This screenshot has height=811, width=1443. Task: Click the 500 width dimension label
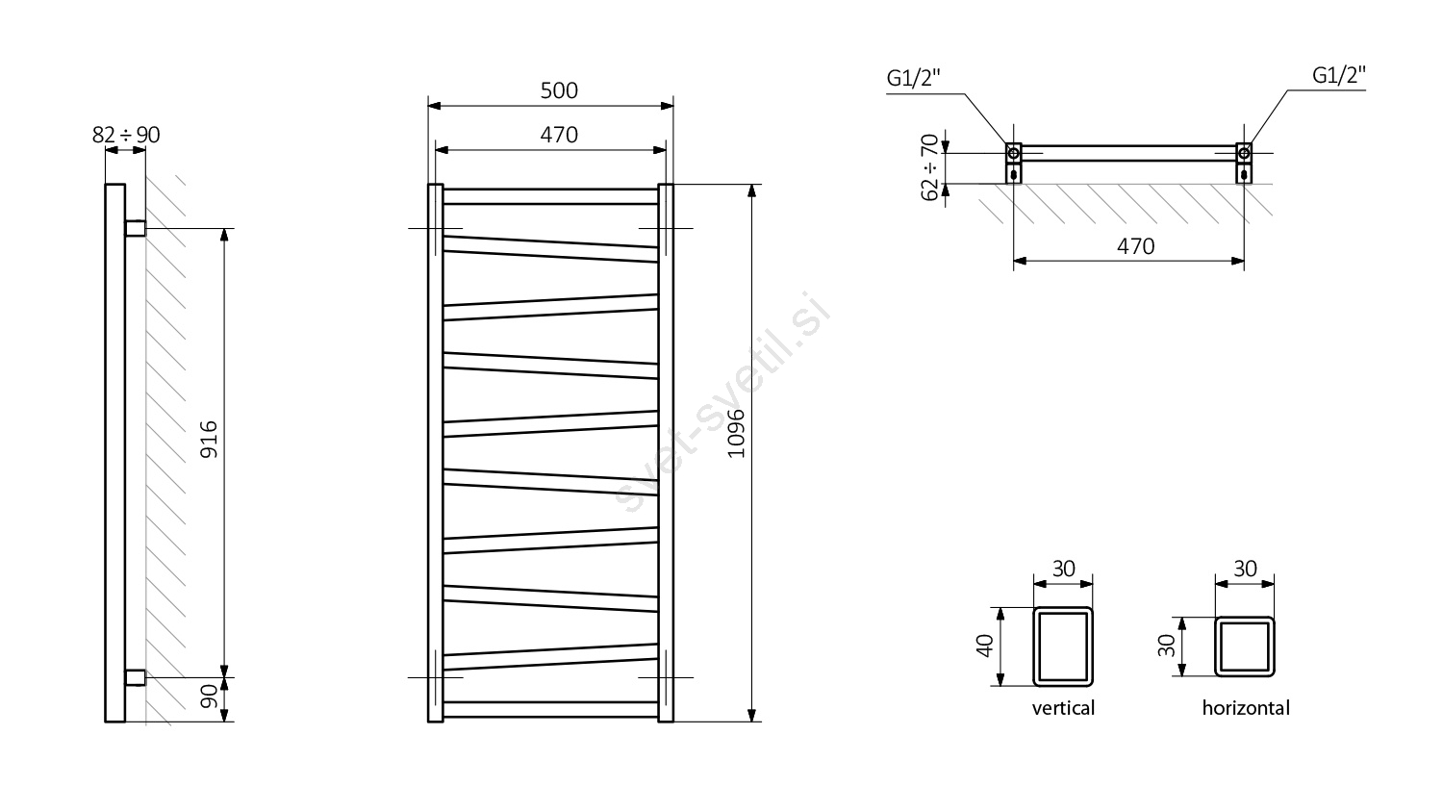pyautogui.click(x=559, y=90)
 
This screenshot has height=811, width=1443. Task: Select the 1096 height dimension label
pyautogui.click(x=736, y=434)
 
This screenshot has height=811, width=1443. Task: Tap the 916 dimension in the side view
pyautogui.click(x=210, y=440)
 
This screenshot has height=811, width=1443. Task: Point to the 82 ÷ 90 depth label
pyautogui.click(x=126, y=135)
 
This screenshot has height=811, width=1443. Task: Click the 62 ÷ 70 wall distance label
pyautogui.click(x=929, y=167)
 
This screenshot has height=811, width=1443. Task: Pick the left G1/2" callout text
pyautogui.click(x=914, y=78)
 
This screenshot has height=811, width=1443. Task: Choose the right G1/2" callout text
pyautogui.click(x=1339, y=75)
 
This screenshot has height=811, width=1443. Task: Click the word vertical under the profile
pyautogui.click(x=1063, y=709)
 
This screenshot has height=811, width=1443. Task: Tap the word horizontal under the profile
pyautogui.click(x=1246, y=708)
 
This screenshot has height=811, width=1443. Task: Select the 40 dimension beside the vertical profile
pyautogui.click(x=985, y=646)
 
